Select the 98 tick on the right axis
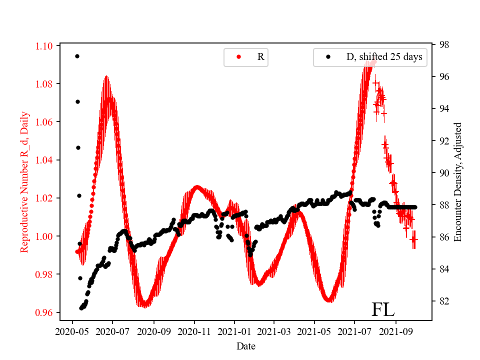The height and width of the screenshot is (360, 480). [443, 44]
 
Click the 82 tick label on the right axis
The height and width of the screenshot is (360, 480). [443, 301]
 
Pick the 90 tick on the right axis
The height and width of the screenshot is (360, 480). [443, 173]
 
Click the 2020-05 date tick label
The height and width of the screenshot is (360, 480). [72, 331]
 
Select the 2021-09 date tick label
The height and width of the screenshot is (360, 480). [396, 331]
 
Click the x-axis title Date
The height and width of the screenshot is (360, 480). [246, 346]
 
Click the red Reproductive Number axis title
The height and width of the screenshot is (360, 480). [24, 182]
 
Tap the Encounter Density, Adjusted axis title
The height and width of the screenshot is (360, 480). [457, 182]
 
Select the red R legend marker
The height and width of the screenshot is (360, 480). [238, 57]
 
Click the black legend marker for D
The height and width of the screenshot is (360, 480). [328, 57]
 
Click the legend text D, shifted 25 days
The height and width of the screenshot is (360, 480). [384, 57]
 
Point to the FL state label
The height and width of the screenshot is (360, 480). [383, 310]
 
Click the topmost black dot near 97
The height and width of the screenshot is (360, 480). [77, 56]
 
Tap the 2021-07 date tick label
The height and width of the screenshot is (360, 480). [354, 331]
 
